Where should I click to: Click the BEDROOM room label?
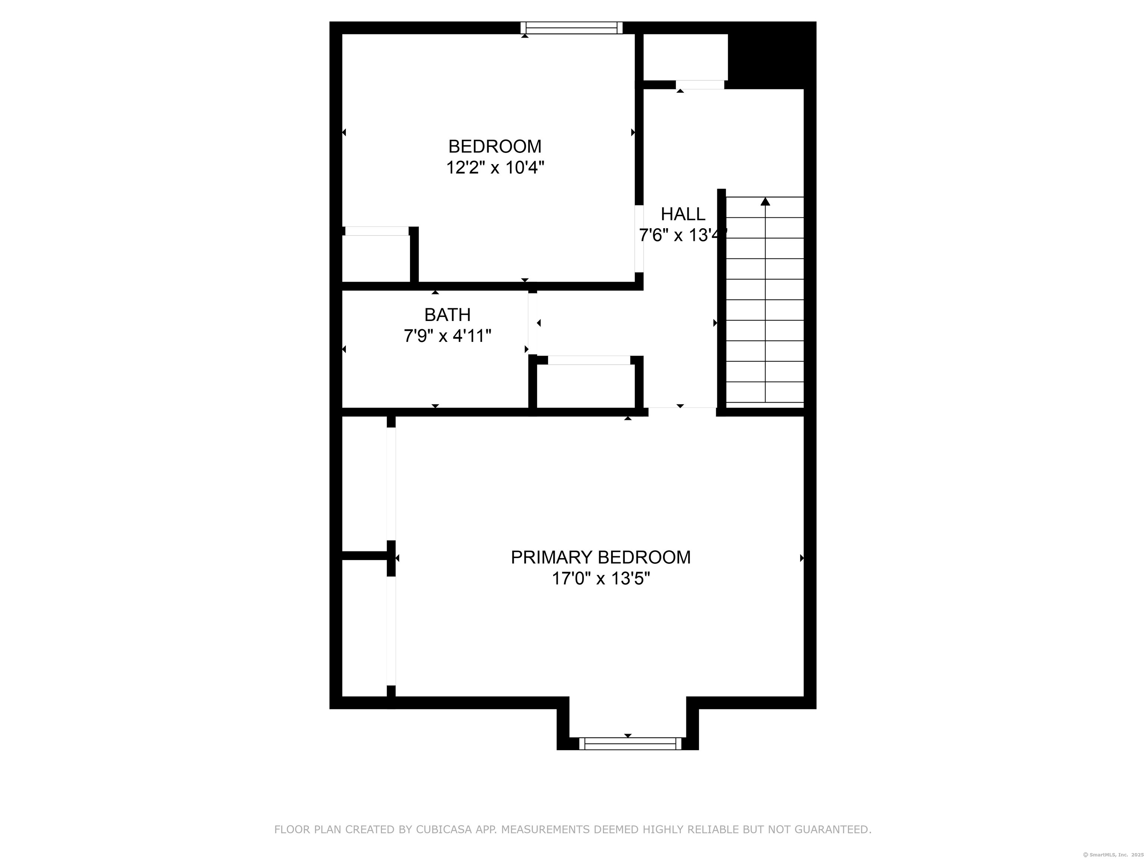495,147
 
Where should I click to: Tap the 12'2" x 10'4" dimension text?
495,168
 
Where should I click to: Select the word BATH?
447,315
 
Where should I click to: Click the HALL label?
683,214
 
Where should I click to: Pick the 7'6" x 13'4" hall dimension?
683,236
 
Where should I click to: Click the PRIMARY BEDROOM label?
601,557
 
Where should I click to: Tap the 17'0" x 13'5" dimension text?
601,578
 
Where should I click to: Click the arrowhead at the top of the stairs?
765,201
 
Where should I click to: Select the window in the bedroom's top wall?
572,28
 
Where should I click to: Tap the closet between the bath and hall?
586,386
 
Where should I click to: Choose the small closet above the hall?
685,57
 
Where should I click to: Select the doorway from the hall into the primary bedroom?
682,412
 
